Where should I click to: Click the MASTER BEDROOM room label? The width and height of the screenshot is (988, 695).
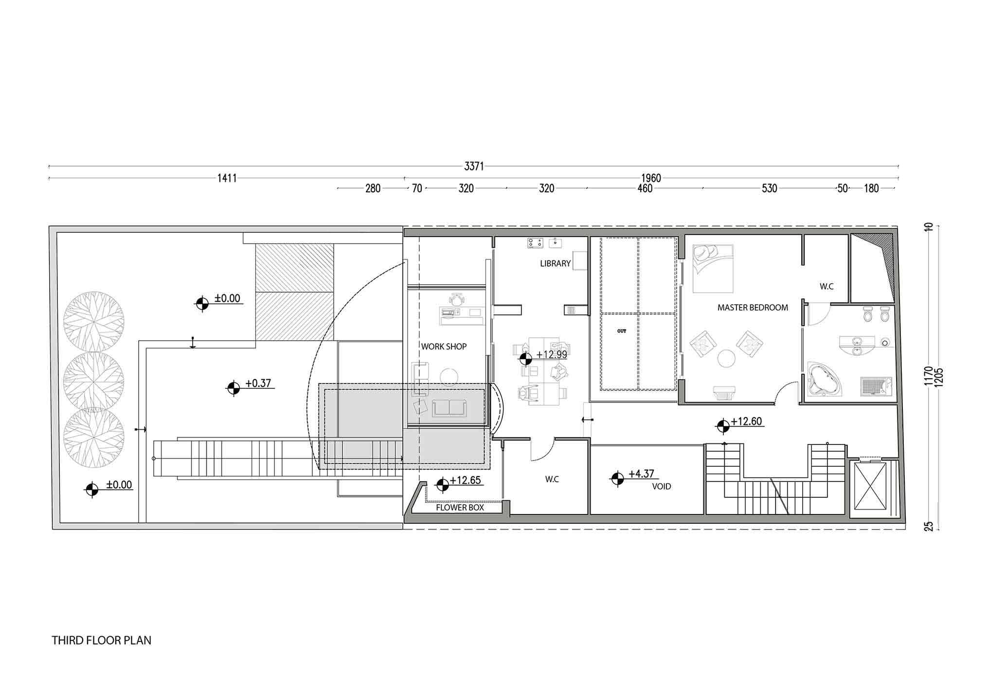pyautogui.click(x=753, y=308)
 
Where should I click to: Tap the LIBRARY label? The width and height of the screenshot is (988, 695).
pyautogui.click(x=555, y=263)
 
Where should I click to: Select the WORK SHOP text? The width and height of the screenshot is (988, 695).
pyautogui.click(x=444, y=347)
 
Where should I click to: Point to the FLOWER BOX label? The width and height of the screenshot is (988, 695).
pyautogui.click(x=460, y=508)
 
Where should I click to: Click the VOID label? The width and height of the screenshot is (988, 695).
pyautogui.click(x=661, y=486)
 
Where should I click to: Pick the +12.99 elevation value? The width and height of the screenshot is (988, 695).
pyautogui.click(x=552, y=354)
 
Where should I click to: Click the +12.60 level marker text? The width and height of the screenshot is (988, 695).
pyautogui.click(x=746, y=421)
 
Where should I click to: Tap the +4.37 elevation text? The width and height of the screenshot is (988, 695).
pyautogui.click(x=641, y=474)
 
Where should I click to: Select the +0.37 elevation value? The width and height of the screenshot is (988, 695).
pyautogui.click(x=258, y=383)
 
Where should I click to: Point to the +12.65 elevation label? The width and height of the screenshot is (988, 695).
pyautogui.click(x=465, y=480)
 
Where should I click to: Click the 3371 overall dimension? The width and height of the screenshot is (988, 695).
pyautogui.click(x=474, y=166)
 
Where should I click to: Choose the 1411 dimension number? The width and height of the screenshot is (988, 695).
pyautogui.click(x=227, y=178)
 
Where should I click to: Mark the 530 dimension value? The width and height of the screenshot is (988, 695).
pyautogui.click(x=769, y=188)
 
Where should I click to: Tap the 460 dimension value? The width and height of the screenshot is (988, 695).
pyautogui.click(x=645, y=188)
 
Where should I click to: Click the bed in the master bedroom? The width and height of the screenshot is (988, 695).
pyautogui.click(x=712, y=268)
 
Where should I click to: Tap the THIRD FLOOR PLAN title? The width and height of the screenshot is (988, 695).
pyautogui.click(x=102, y=640)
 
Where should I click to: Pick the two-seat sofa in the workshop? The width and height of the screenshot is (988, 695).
pyautogui.click(x=449, y=408)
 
